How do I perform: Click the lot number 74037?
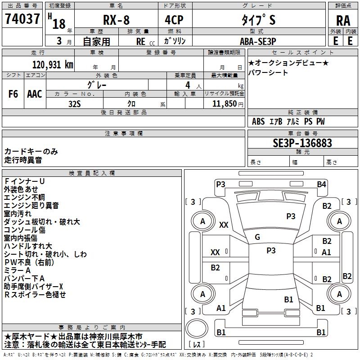point(23,19)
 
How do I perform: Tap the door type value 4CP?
point(175,20)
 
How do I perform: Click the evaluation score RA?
point(343,20)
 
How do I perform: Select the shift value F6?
point(13,94)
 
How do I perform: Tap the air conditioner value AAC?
point(35,94)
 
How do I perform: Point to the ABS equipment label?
point(258,121)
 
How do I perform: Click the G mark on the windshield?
point(257,237)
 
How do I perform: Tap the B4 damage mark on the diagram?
point(321,184)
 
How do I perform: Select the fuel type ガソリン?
point(175,40)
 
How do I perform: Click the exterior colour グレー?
point(97,85)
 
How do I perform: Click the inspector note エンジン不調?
point(24,198)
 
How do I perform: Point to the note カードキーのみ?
point(31,152)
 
